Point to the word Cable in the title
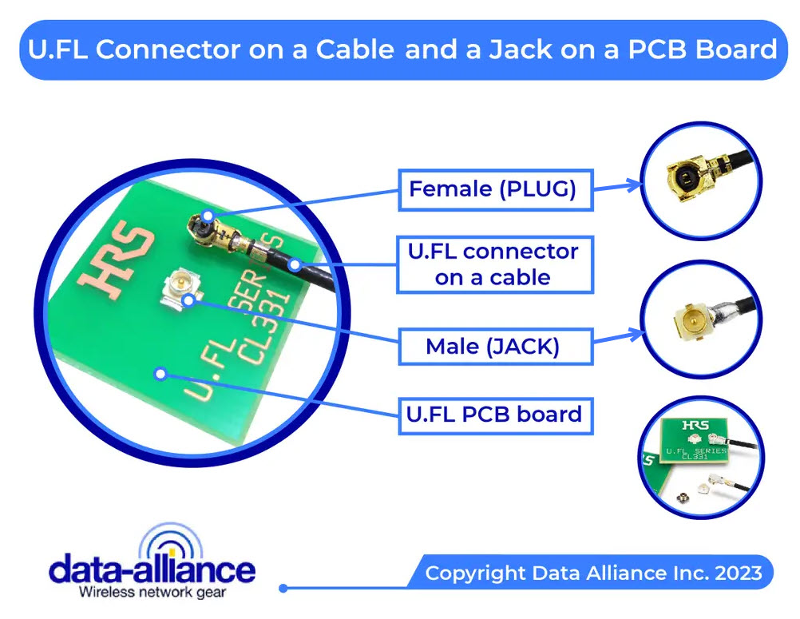[x=354, y=50]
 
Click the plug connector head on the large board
[x=203, y=228]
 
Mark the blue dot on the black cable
[x=295, y=264]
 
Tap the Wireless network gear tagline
[x=152, y=593]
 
